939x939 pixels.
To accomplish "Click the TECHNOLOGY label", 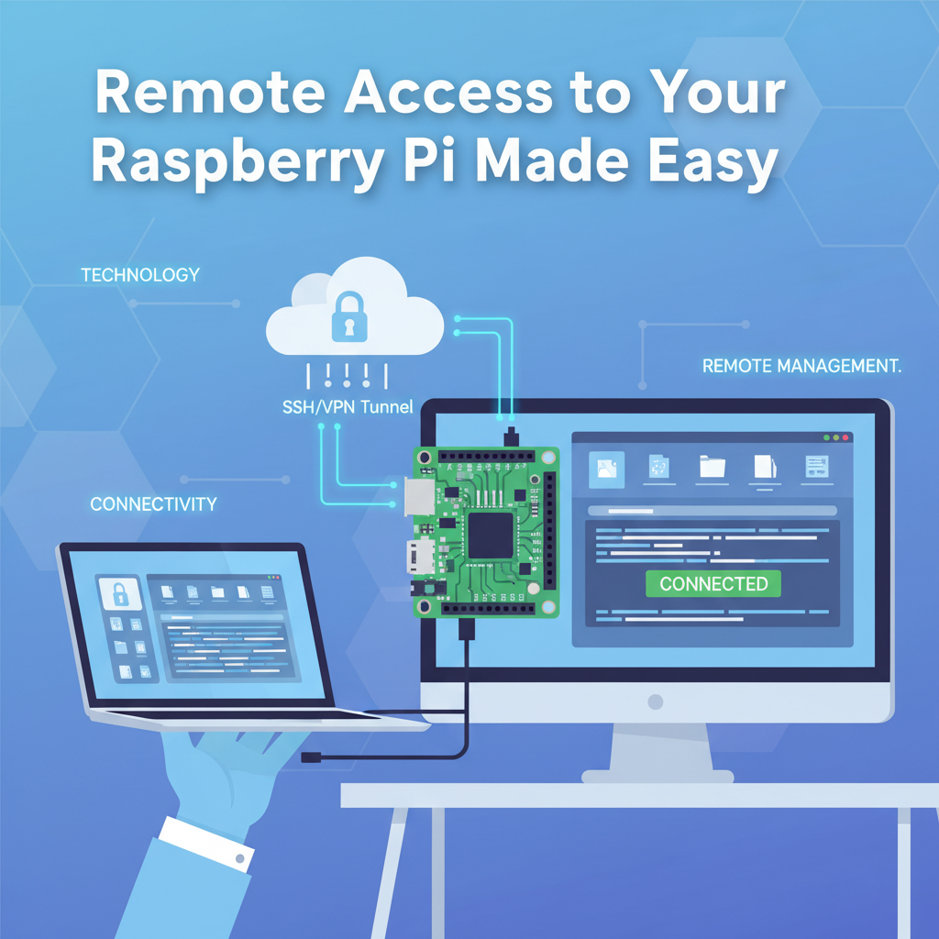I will [x=140, y=275].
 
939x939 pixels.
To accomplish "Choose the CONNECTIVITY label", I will [x=153, y=503].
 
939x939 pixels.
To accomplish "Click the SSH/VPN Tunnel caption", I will [x=348, y=406].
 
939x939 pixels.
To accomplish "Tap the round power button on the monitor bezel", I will [x=655, y=701].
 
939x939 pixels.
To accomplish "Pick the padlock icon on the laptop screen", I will [x=120, y=593].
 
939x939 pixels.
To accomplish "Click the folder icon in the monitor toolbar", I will [x=712, y=468].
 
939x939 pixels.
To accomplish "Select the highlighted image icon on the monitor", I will [x=606, y=469].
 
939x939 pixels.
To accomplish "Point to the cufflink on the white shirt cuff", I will [x=241, y=859].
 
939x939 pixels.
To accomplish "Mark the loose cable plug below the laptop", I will [x=313, y=757].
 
